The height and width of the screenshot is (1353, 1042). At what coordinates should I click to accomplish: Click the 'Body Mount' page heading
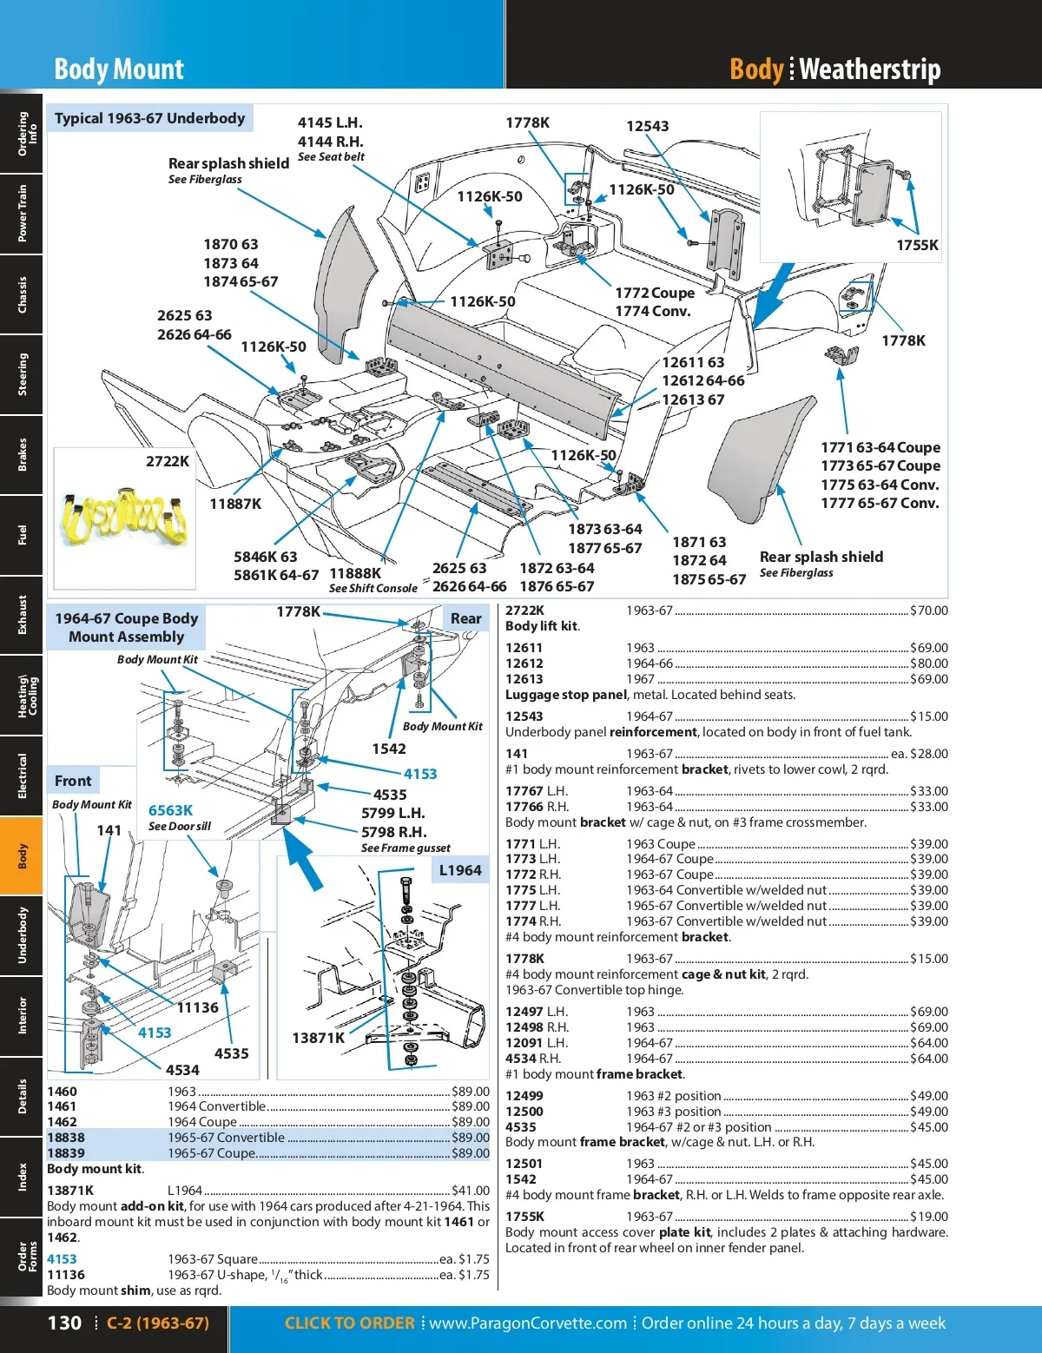(x=119, y=69)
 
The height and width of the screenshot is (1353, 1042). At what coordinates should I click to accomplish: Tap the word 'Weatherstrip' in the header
(x=869, y=69)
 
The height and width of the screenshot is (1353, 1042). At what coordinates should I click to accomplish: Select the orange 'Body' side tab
(x=22, y=855)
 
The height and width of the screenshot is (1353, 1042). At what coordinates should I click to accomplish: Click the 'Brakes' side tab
(x=22, y=454)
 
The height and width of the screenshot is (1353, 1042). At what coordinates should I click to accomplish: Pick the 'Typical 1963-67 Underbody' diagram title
(x=149, y=118)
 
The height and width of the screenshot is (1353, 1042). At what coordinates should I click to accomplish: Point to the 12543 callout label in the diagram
(x=647, y=126)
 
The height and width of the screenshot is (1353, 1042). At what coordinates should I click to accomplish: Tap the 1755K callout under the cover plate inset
(x=917, y=245)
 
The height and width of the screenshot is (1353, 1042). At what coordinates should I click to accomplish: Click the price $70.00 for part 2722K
(x=928, y=610)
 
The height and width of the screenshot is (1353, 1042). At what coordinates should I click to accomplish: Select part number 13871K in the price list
(x=70, y=1191)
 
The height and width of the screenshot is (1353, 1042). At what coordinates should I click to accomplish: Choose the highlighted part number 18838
(x=66, y=1138)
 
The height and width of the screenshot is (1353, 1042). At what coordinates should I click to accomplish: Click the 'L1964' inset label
(x=459, y=870)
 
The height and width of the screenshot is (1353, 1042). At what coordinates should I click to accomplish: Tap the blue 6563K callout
(x=170, y=810)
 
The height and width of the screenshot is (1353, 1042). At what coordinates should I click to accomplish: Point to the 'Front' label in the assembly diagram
(x=73, y=781)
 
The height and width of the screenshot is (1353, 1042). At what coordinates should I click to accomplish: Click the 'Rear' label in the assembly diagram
(x=465, y=618)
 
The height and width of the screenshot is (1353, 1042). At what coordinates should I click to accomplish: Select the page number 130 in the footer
(x=64, y=1323)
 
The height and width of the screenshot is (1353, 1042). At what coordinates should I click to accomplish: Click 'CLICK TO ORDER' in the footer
(x=349, y=1323)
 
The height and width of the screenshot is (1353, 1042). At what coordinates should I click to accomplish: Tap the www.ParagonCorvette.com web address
(x=528, y=1323)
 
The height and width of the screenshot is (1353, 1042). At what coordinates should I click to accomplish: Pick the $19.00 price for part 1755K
(x=928, y=1217)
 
